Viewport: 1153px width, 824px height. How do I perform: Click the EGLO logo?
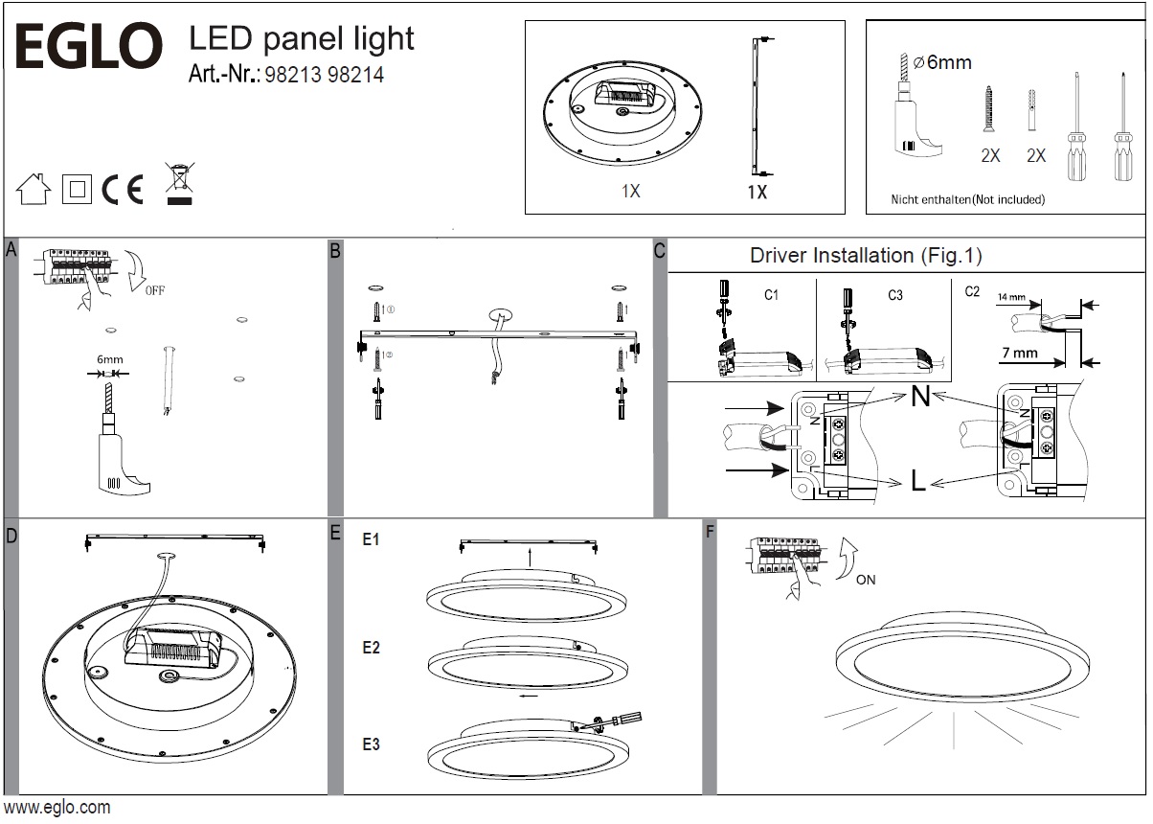pyautogui.click(x=85, y=47)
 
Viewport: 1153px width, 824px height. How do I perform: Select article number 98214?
pyautogui.click(x=356, y=75)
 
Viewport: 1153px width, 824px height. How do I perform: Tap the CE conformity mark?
pyautogui.click(x=122, y=191)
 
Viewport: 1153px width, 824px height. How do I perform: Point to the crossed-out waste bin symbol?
pyautogui.click(x=178, y=185)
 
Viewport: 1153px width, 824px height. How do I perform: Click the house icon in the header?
pyautogui.click(x=34, y=189)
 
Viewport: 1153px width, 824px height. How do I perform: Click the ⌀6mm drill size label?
pyautogui.click(x=942, y=63)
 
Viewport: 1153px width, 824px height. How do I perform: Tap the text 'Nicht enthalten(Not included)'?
pyautogui.click(x=967, y=200)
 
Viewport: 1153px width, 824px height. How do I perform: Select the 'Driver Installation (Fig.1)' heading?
pyautogui.click(x=866, y=256)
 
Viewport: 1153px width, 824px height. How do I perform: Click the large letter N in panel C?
pyautogui.click(x=919, y=396)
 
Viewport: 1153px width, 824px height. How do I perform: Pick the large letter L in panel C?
pyautogui.click(x=918, y=482)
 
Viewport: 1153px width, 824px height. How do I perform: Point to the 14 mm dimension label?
pyautogui.click(x=1011, y=298)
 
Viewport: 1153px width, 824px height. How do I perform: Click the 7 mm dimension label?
pyautogui.click(x=1019, y=353)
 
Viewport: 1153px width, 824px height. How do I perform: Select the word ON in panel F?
pyautogui.click(x=866, y=580)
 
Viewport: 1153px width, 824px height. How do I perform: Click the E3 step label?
pyautogui.click(x=371, y=744)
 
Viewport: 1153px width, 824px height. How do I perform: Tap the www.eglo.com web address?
pyautogui.click(x=57, y=808)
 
